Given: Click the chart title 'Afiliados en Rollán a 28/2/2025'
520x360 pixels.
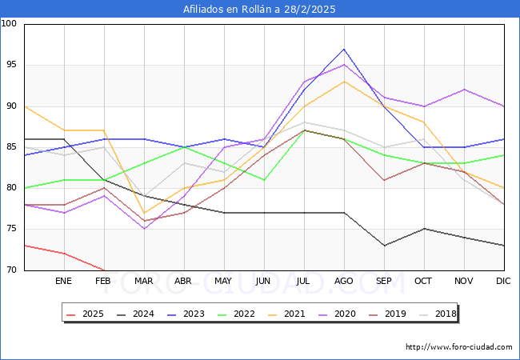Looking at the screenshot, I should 259,10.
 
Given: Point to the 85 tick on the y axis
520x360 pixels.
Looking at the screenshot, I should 12,147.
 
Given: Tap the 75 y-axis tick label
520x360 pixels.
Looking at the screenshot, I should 12,229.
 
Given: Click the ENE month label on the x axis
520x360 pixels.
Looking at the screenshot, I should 64,282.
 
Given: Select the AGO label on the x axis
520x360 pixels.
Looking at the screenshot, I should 344,282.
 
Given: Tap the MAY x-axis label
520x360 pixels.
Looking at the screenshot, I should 224,282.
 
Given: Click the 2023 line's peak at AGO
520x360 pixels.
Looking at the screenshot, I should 344,49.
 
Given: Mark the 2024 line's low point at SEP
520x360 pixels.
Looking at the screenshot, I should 384,246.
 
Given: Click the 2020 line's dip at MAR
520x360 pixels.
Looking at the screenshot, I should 144,229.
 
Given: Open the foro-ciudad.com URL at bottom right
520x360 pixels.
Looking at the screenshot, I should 459,347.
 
